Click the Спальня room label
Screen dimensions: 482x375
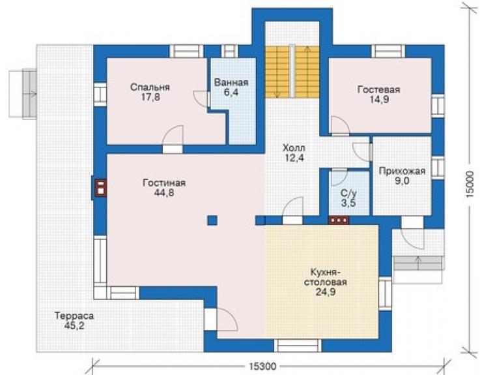click(150, 87)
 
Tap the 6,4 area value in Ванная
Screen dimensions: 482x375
click(231, 93)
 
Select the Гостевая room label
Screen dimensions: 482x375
click(378, 89)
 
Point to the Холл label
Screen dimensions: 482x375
click(294, 148)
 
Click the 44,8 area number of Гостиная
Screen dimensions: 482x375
click(164, 193)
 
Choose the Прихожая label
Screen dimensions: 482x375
click(402, 171)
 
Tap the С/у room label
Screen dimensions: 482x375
click(348, 193)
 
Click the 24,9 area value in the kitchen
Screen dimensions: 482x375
click(326, 292)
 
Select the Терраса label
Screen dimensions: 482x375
click(74, 316)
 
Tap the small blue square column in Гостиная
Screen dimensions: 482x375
click(212, 220)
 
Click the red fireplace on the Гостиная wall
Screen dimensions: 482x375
click(101, 188)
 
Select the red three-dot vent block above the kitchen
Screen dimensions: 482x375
click(339, 220)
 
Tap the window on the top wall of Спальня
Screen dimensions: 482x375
click(186, 52)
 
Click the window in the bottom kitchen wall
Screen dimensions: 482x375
click(298, 346)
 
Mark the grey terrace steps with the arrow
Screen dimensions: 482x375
click(418, 263)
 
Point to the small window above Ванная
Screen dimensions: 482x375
click(230, 52)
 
